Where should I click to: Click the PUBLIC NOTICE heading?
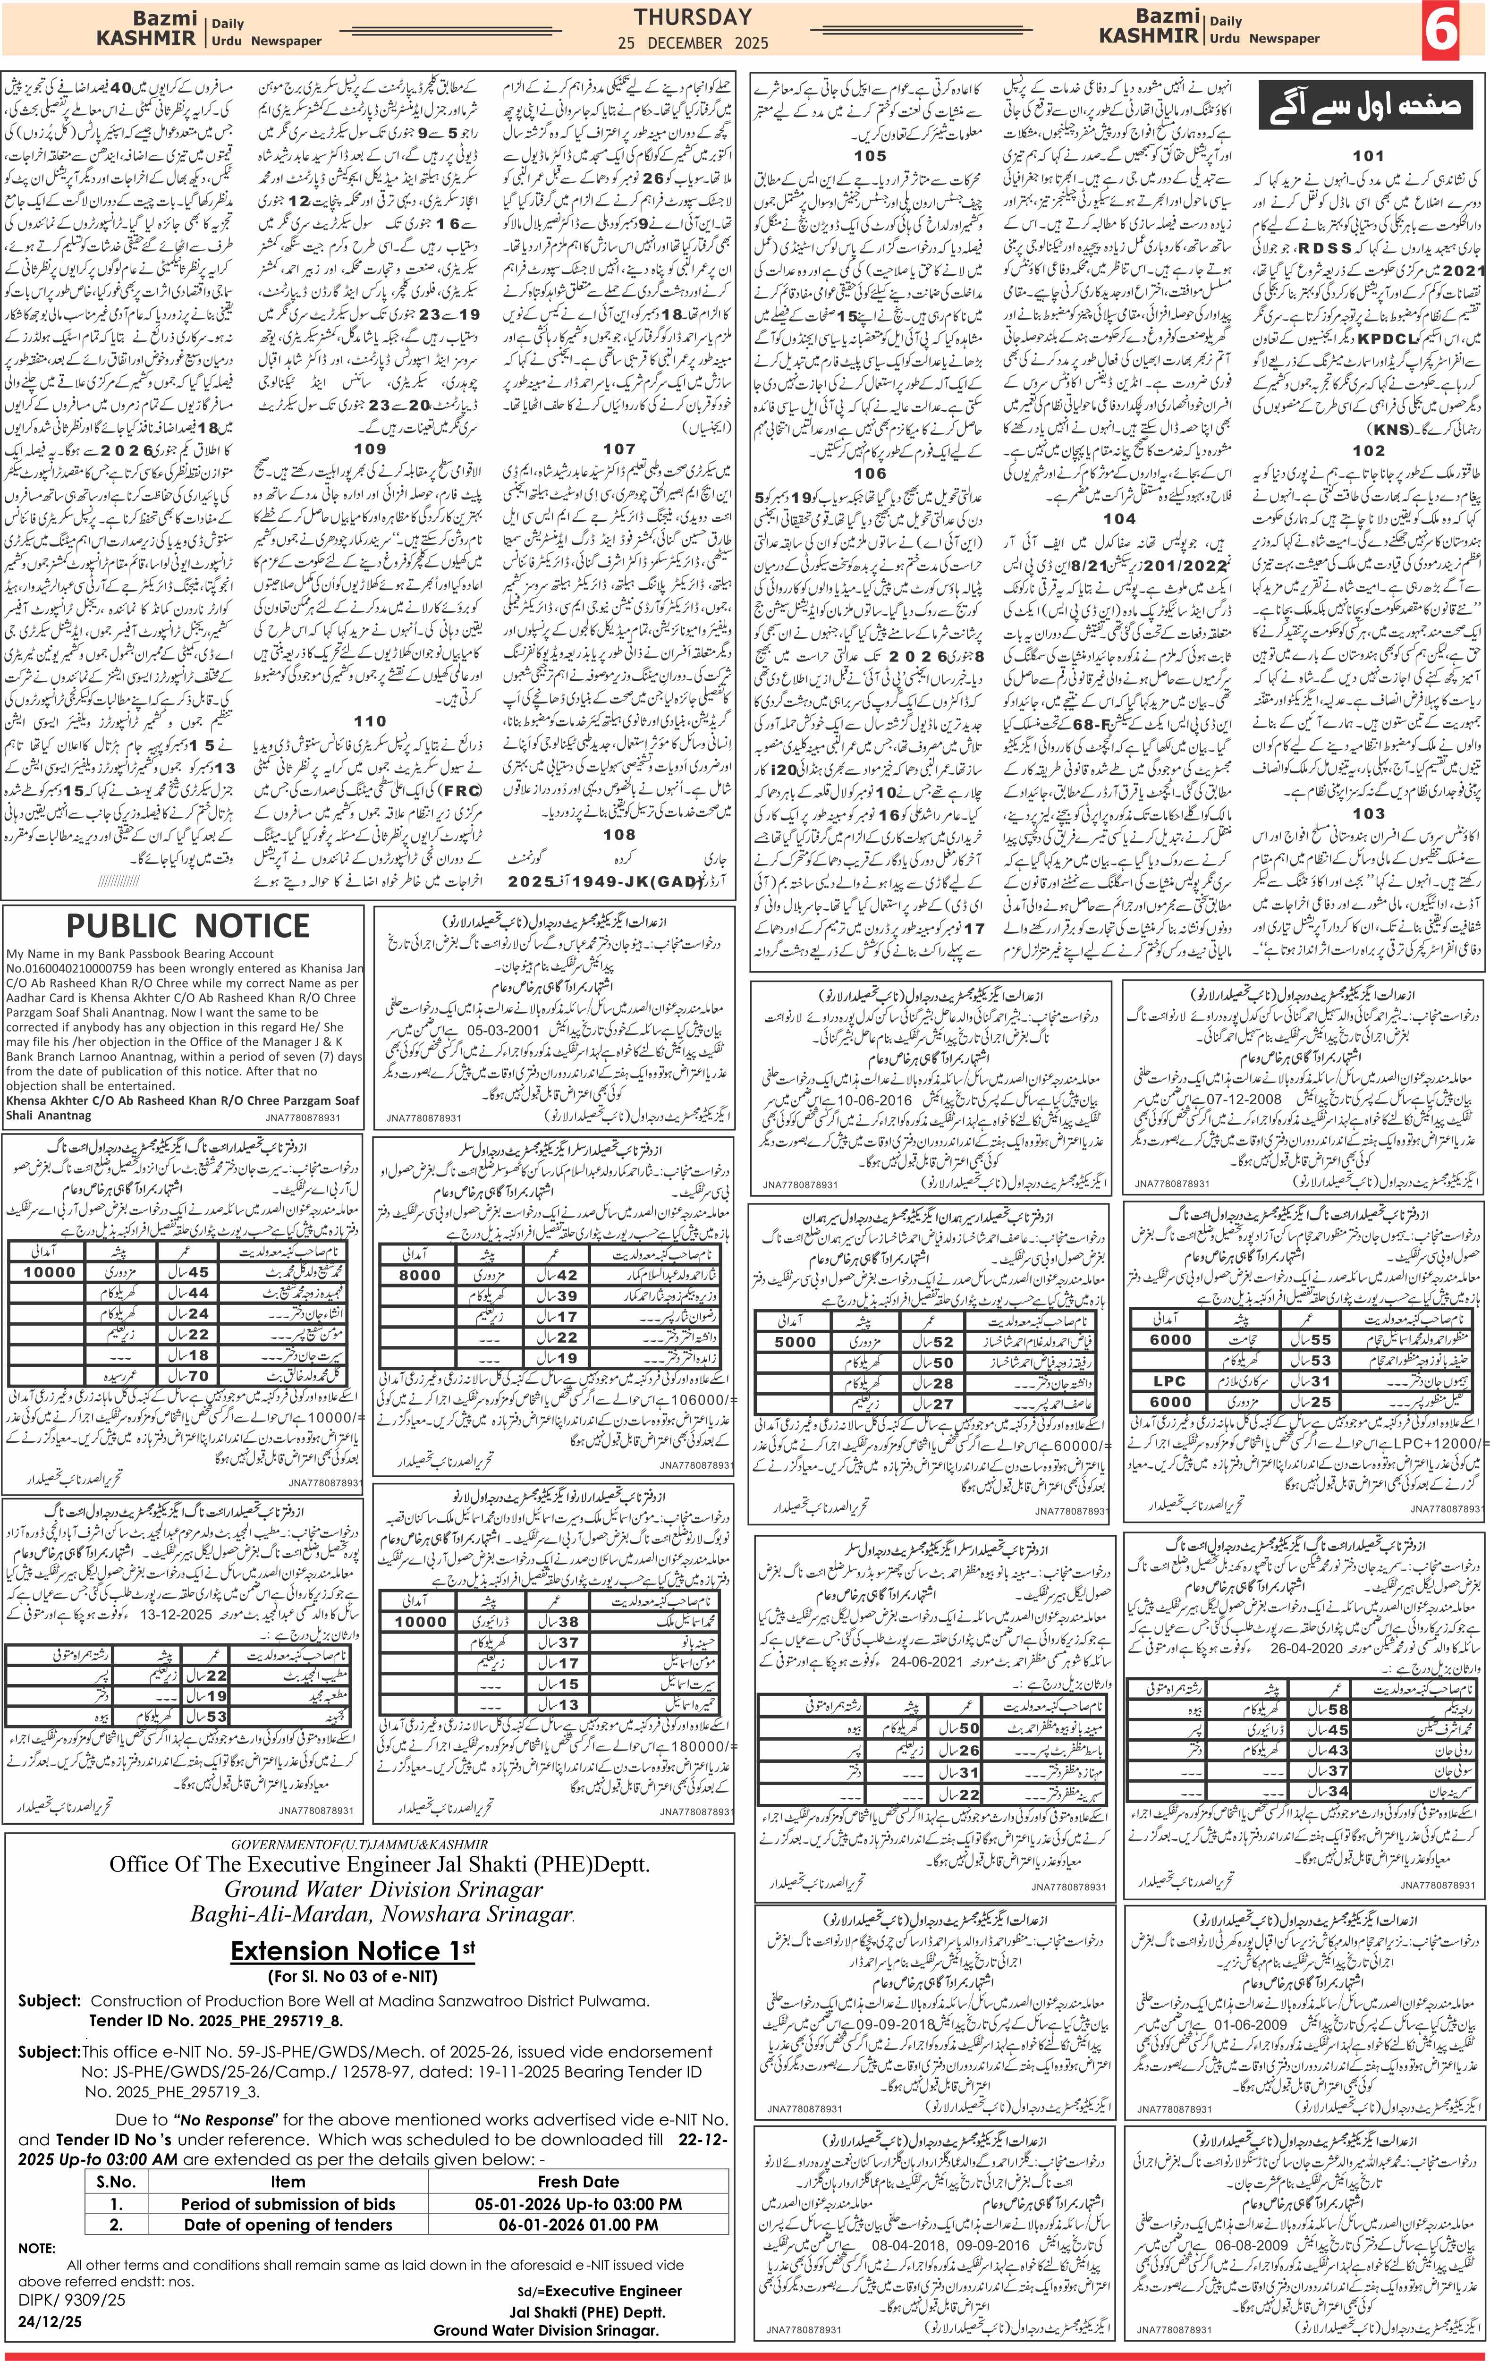pos(187,926)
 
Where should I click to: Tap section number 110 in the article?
pos(370,720)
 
